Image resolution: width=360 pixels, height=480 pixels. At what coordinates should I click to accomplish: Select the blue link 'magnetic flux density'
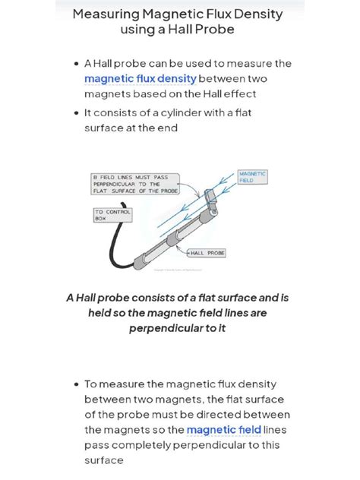click(141, 78)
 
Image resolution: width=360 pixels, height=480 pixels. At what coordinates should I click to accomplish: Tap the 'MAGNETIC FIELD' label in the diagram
click(253, 177)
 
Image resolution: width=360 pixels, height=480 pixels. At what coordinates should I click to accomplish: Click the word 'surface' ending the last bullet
click(103, 460)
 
